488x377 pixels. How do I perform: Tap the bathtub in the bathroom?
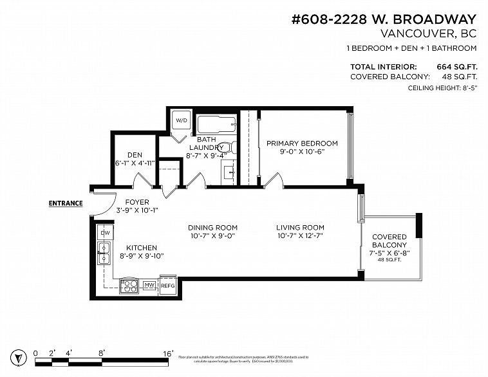[216, 124]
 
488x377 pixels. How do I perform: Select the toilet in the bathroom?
[229, 147]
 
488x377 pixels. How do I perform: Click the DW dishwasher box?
[104, 232]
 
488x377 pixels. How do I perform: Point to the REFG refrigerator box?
[167, 285]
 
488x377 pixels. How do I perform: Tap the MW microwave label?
[149, 285]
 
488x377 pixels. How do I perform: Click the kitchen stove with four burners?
[129, 286]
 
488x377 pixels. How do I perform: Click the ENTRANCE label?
[66, 203]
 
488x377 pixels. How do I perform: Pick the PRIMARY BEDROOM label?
[302, 143]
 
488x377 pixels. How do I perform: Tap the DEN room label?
[135, 154]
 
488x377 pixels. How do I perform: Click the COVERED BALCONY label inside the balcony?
[389, 241]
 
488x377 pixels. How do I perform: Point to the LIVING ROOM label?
[300, 227]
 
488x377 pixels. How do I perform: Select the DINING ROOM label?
[212, 227]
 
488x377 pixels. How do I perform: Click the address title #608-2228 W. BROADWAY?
[384, 19]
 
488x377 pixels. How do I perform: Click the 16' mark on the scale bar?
[168, 353]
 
